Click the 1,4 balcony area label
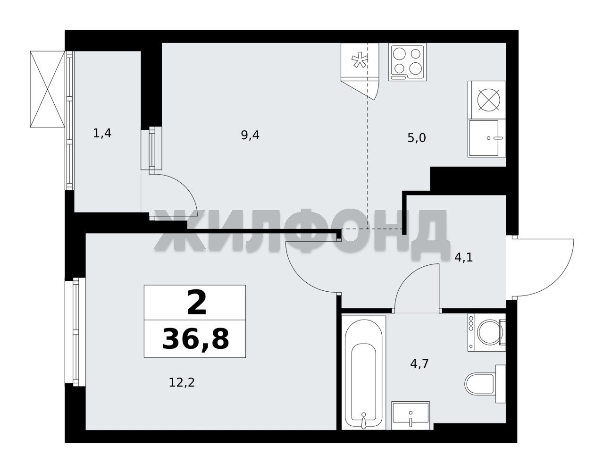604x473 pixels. coord(102,134)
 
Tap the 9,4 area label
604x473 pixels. coord(250,135)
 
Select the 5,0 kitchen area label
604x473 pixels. coord(416,138)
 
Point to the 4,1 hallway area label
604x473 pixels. coord(463,258)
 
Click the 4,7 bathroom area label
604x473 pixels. coord(419,363)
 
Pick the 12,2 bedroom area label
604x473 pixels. coord(182,383)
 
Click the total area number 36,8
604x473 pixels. coord(195,338)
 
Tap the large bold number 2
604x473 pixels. coord(196,303)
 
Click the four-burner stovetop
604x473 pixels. coord(407,62)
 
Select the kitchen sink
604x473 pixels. coord(487,138)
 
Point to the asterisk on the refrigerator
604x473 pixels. coord(360,61)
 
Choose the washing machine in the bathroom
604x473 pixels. coord(487,333)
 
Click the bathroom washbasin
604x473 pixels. coord(411,419)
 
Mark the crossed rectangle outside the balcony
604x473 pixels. coord(47,89)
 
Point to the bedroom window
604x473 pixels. coord(75,332)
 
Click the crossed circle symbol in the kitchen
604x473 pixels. coord(489,100)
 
